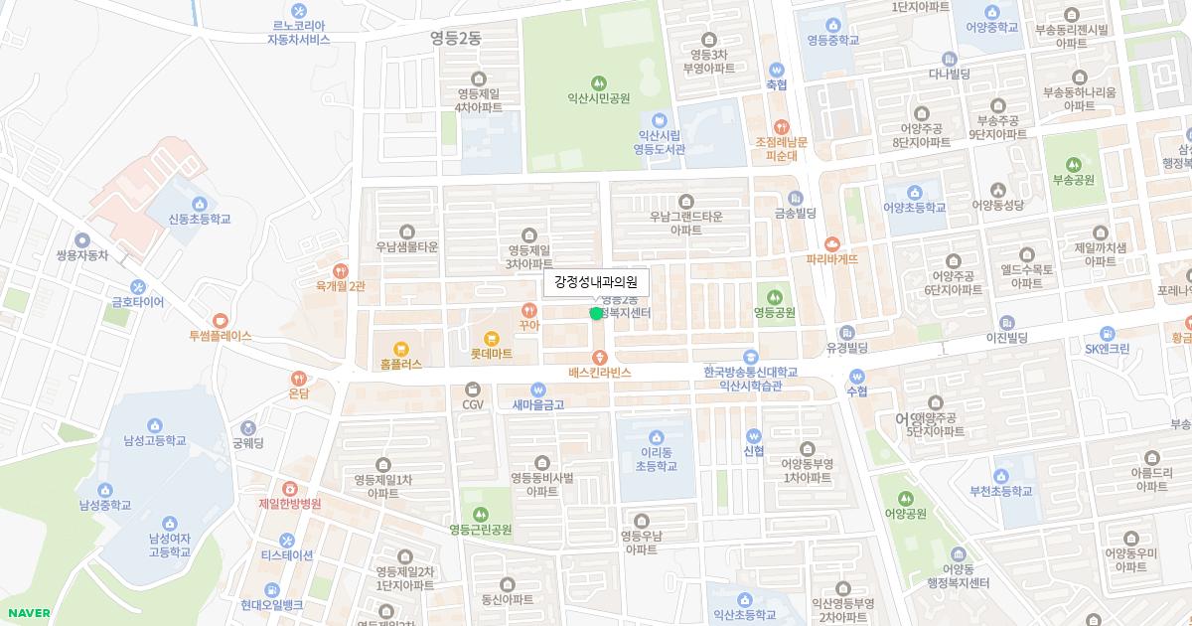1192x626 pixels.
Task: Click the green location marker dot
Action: pyautogui.click(x=596, y=313)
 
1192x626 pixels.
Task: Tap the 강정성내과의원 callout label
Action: pyautogui.click(x=596, y=282)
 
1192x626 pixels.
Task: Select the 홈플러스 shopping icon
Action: pyautogui.click(x=401, y=349)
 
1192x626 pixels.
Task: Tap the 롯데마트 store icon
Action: pyautogui.click(x=492, y=338)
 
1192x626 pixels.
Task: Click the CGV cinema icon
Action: pyautogui.click(x=472, y=389)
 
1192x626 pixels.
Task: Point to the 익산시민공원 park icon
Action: pyautogui.click(x=598, y=82)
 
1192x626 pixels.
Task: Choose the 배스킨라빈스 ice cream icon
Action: pyautogui.click(x=599, y=357)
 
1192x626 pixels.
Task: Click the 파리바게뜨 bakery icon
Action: pyautogui.click(x=832, y=243)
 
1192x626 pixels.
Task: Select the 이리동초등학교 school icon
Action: pyautogui.click(x=655, y=436)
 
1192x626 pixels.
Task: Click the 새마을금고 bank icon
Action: pyautogui.click(x=538, y=390)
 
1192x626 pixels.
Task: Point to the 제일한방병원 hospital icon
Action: pyautogui.click(x=290, y=488)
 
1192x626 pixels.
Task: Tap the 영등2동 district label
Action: pyautogui.click(x=455, y=38)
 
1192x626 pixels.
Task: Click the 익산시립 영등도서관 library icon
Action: pyautogui.click(x=660, y=119)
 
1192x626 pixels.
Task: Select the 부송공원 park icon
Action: pyautogui.click(x=1073, y=164)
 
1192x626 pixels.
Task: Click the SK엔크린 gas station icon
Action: pyautogui.click(x=1107, y=333)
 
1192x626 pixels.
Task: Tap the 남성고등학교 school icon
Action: pyautogui.click(x=155, y=425)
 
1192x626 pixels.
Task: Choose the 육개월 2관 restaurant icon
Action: pyautogui.click(x=341, y=269)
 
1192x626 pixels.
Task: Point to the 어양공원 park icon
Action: pyautogui.click(x=904, y=498)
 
